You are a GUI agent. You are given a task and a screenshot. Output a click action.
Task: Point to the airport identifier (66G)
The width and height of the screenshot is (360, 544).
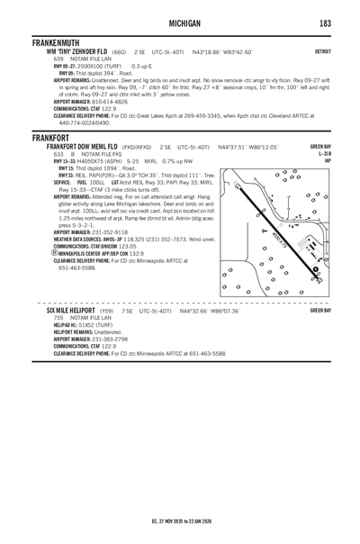click(119, 52)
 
